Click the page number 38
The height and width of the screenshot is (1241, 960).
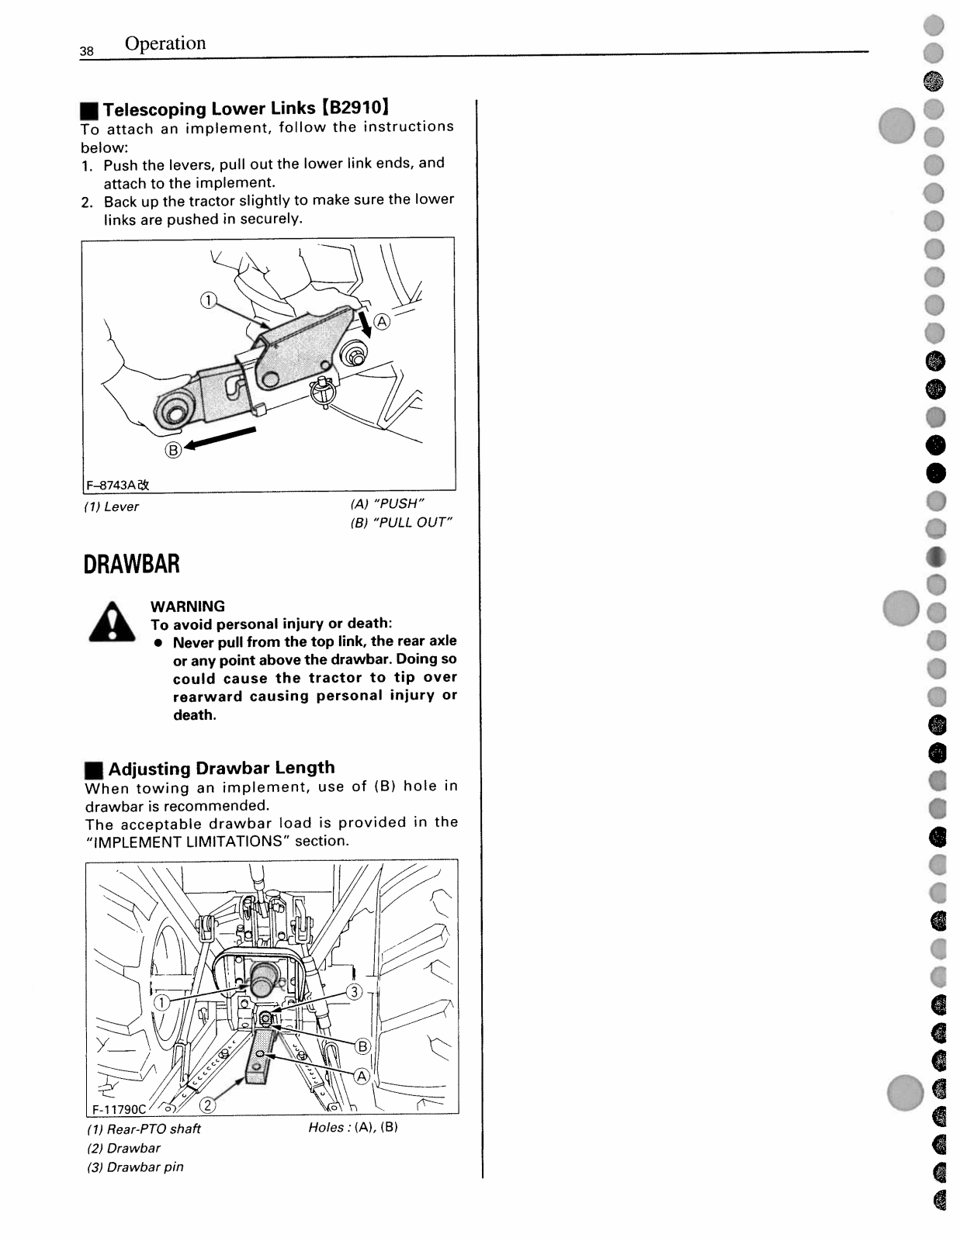(86, 51)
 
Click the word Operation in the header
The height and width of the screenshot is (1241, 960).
(165, 43)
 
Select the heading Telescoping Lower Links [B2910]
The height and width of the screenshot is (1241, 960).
(245, 108)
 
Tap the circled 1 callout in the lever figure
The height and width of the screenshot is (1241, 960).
(207, 301)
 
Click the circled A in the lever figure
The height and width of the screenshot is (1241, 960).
(383, 322)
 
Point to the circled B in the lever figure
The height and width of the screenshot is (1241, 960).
(173, 449)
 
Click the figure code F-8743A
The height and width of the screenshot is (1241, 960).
(117, 485)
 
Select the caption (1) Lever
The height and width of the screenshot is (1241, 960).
(112, 506)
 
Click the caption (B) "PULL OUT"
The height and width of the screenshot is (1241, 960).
(400, 522)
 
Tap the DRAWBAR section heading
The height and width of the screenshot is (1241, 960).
(132, 564)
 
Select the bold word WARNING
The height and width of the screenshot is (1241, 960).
(188, 607)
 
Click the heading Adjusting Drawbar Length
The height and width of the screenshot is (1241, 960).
(221, 768)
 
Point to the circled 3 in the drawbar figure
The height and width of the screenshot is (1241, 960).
(354, 992)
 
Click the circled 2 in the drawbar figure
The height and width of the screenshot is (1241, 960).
(208, 1105)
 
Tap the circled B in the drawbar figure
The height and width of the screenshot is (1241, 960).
(362, 1047)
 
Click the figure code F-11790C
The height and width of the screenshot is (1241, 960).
(119, 1108)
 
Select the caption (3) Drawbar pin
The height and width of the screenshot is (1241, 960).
(135, 1167)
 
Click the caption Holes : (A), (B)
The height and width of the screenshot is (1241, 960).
(353, 1128)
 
